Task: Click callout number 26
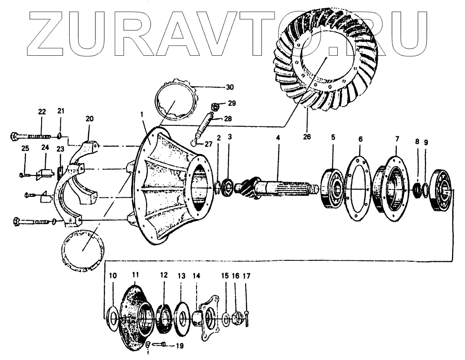coord(307,137)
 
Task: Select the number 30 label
coord(230,87)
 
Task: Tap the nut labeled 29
coord(215,105)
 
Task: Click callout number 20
coord(90,119)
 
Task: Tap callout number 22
coord(42,112)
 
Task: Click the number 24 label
coord(45,148)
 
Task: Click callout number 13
coord(181,276)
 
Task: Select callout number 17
coord(246,276)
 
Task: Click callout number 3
coord(230,137)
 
